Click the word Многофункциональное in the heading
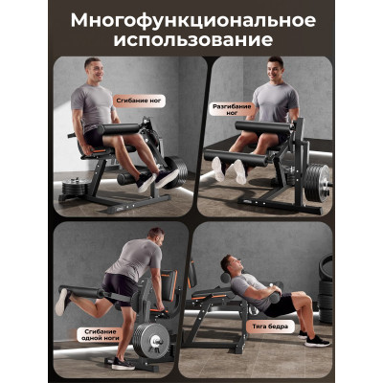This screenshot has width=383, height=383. pos(193,21)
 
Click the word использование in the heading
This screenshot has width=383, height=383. pos(193,40)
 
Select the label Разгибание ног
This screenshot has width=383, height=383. pos(232,109)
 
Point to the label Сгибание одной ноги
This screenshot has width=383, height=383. pos(100,334)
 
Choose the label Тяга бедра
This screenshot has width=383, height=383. pos(270,327)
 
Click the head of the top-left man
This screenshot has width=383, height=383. pos(94,70)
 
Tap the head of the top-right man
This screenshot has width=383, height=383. pos(275,69)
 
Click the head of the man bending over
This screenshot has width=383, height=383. pos(156,237)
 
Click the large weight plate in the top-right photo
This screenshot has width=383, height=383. pos(316,183)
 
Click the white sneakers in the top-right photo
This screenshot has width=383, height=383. pos(230,170)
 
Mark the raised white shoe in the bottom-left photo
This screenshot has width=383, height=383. pos(62,303)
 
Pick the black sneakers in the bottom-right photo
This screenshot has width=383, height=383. pos(313,338)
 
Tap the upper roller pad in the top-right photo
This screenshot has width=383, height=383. pos(264,126)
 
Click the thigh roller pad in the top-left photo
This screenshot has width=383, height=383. pos(119,128)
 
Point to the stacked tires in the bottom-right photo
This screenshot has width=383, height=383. pos(326,287)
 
